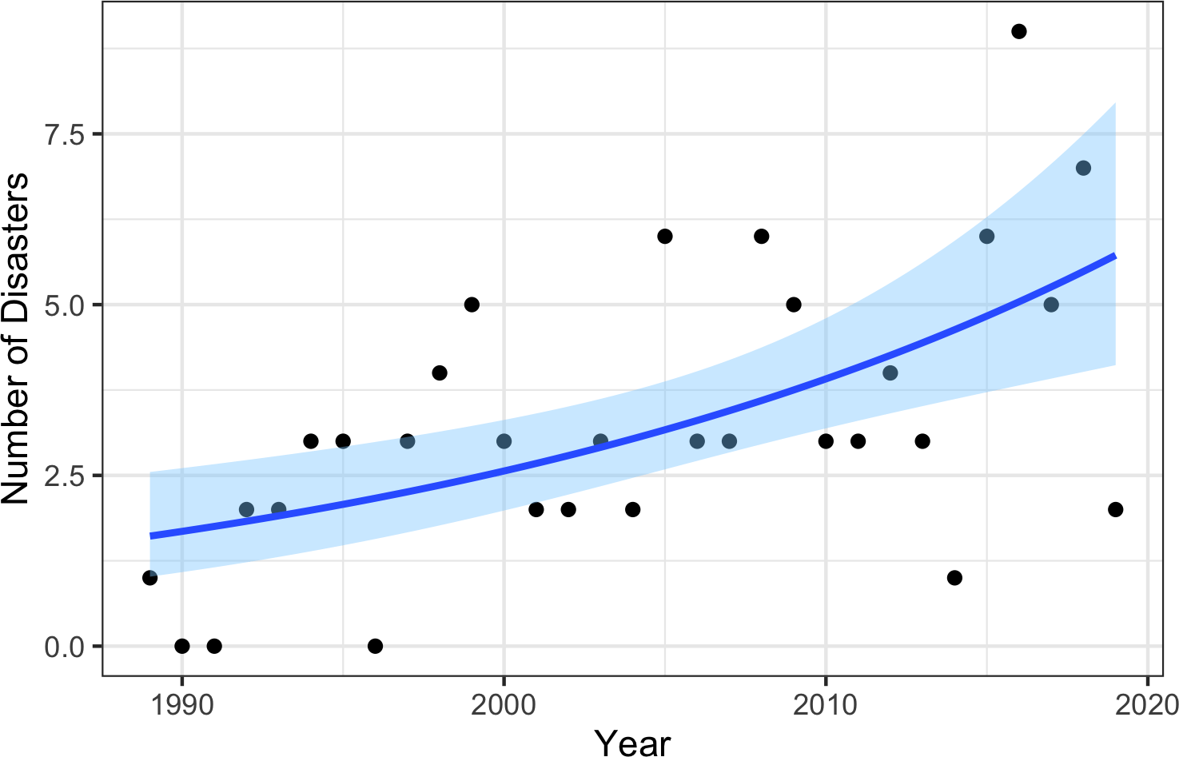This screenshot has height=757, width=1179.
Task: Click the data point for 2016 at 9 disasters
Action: [x=1018, y=31]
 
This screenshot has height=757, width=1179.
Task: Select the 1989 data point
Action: [x=149, y=578]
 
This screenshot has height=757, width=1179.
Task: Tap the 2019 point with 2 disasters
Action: [x=1115, y=509]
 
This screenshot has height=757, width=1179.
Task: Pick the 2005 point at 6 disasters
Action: [x=664, y=236]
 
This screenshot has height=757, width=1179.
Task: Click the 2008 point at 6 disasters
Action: [x=761, y=236]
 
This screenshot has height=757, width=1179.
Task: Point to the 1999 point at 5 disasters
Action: [x=472, y=305]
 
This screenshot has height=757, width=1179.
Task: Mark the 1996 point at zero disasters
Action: [x=375, y=646]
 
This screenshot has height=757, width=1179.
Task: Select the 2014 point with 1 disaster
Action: [x=954, y=578]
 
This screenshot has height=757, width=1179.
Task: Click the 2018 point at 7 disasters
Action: [x=1083, y=168]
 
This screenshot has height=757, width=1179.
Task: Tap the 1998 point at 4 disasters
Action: [x=439, y=373]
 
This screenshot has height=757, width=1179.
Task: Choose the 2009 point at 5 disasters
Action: [x=793, y=305]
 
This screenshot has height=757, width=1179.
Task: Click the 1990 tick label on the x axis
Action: [x=182, y=705]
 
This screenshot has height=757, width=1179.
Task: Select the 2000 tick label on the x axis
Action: [x=504, y=705]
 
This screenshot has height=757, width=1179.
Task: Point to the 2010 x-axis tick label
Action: [x=826, y=705]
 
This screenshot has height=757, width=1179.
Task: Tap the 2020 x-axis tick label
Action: [x=1147, y=705]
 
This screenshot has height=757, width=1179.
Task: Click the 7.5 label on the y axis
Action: [x=65, y=134]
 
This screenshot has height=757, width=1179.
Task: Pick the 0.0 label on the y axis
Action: [x=65, y=647]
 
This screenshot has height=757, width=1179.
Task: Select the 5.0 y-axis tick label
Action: [x=65, y=305]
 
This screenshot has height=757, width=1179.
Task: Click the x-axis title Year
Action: [x=633, y=742]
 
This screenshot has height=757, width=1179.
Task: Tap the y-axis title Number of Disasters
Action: [x=16, y=338]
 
